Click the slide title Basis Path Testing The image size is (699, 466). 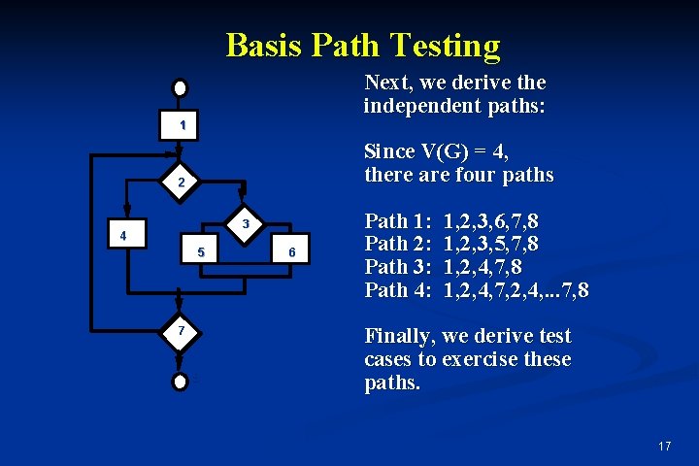pos(363,45)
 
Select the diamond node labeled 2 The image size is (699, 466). pos(180,182)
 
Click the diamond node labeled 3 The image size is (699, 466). pos(246,224)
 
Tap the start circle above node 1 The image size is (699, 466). pos(181,86)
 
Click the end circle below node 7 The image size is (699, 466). pos(179,381)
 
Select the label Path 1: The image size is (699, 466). pos(399,220)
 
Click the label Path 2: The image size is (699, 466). pos(399,244)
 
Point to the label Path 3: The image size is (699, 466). pos(399,267)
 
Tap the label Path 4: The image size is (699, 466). pos(399,290)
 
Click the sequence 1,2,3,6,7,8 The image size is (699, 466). pos(491,220)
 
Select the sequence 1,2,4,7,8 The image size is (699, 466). pos(482,267)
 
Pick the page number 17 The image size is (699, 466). pos(664,446)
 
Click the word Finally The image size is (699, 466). pos(399,337)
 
